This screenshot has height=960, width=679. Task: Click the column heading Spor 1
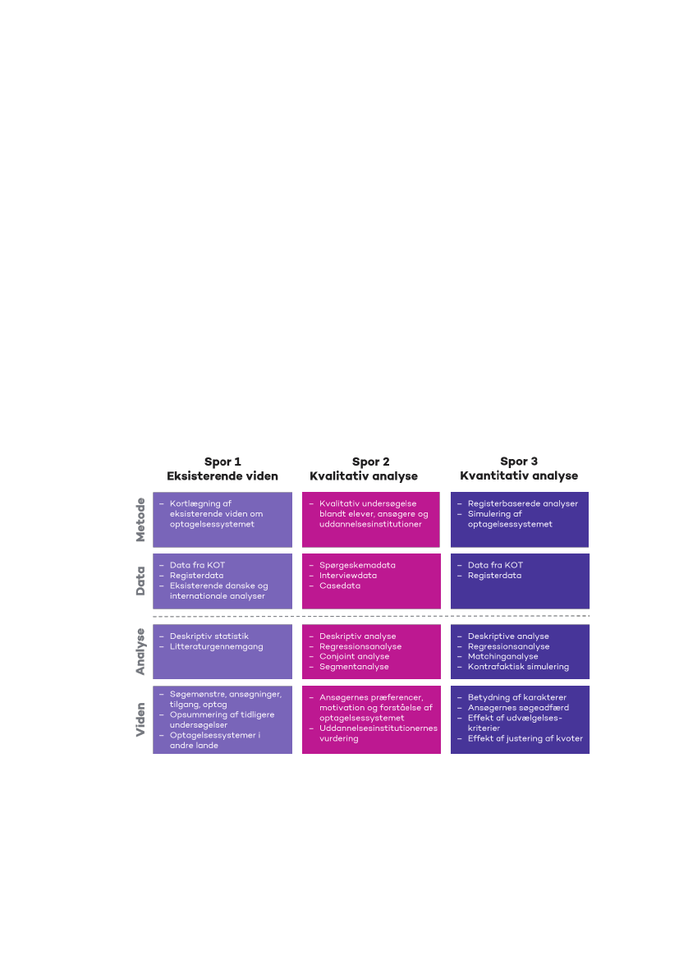click(223, 462)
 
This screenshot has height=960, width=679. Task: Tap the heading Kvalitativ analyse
click(364, 476)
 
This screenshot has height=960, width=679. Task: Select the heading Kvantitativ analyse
click(519, 475)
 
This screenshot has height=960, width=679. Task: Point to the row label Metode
click(140, 519)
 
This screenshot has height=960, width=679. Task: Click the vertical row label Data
click(140, 581)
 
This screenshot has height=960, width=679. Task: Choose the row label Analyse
click(140, 651)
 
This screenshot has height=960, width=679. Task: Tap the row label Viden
click(140, 719)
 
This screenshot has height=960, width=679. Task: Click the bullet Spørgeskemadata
click(357, 565)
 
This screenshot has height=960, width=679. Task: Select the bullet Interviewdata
click(348, 576)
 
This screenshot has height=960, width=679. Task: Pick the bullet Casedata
click(340, 586)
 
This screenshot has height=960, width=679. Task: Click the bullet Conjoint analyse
click(355, 656)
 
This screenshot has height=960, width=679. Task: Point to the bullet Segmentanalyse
click(354, 667)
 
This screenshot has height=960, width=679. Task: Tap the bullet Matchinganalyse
click(503, 656)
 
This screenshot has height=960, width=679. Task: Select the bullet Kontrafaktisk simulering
click(519, 667)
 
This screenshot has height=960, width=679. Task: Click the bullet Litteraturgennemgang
click(217, 646)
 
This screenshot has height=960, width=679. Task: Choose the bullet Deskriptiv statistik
click(209, 636)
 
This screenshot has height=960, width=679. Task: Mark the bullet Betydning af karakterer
click(517, 697)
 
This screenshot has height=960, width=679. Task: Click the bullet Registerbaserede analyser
click(523, 504)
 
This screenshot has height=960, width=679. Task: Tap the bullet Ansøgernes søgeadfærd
click(519, 708)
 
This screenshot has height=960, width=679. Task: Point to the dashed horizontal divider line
click(371, 616)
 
